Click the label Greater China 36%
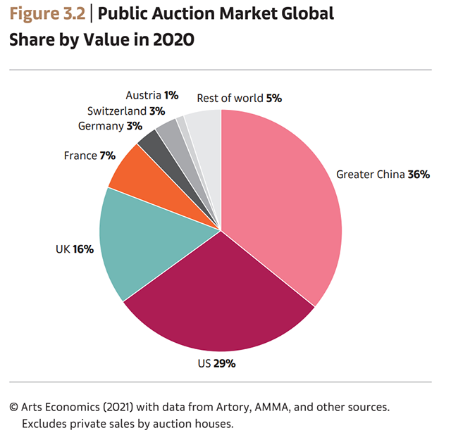[x=383, y=174]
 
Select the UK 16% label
[x=74, y=249]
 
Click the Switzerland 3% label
[x=126, y=111]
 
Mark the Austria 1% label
[x=152, y=95]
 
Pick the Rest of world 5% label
[x=239, y=99]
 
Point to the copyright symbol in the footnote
[x=13, y=407]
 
